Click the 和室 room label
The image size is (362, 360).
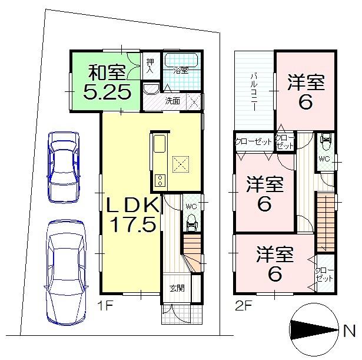(x=107, y=73)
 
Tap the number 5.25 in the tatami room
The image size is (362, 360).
(x=107, y=93)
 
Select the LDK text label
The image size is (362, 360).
(x=132, y=205)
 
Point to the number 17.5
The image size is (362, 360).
(x=132, y=224)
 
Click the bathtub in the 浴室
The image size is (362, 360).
(x=181, y=61)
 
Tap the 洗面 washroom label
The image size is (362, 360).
(x=172, y=100)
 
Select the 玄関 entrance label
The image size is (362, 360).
(x=177, y=288)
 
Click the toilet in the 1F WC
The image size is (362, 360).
(x=191, y=222)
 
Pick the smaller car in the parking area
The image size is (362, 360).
(x=63, y=165)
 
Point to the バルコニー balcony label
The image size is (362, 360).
(x=255, y=92)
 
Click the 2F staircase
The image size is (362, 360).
(x=326, y=222)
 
